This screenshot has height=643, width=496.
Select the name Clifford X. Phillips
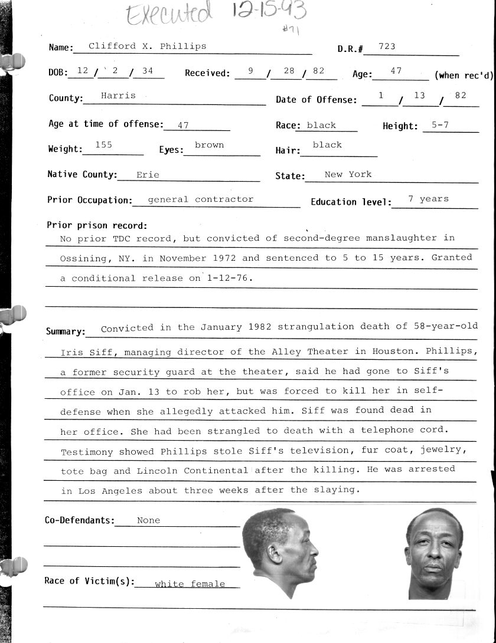147,46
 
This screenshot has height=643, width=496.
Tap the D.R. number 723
387,46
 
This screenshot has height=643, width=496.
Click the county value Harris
118,95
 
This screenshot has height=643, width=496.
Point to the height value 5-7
435,124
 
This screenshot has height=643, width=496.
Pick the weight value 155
103,145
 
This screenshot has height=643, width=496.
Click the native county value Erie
148,175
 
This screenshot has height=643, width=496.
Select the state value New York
348,174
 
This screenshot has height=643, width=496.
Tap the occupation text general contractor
200,199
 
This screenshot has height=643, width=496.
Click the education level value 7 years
428,199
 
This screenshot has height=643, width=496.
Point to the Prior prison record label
97,225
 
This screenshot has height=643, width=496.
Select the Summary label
66,332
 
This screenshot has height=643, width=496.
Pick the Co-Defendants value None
148,520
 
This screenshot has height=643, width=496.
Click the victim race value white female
190,584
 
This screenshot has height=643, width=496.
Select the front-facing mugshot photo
434,553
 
